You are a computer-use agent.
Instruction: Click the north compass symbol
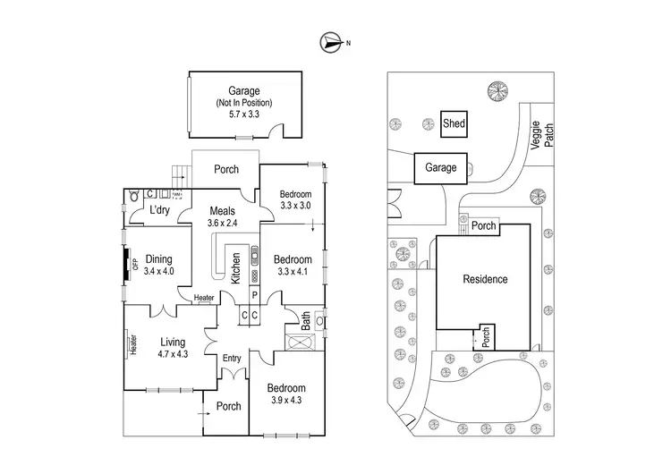pyautogui.click(x=331, y=41)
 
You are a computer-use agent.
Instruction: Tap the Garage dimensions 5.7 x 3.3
pyautogui.click(x=243, y=114)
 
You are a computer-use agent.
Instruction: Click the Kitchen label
pyautogui.click(x=236, y=265)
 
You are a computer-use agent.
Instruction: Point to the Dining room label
pyautogui.click(x=158, y=258)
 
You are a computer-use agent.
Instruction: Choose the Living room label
pyautogui.click(x=171, y=342)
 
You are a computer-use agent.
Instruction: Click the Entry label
pyautogui.click(x=232, y=359)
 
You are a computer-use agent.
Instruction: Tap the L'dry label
pyautogui.click(x=160, y=210)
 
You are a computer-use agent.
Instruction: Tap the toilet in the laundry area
pyautogui.click(x=133, y=196)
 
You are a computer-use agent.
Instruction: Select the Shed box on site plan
pyautogui.click(x=454, y=124)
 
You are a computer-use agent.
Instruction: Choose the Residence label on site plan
pyautogui.click(x=485, y=279)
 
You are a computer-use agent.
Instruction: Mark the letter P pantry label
pyautogui.click(x=254, y=295)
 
